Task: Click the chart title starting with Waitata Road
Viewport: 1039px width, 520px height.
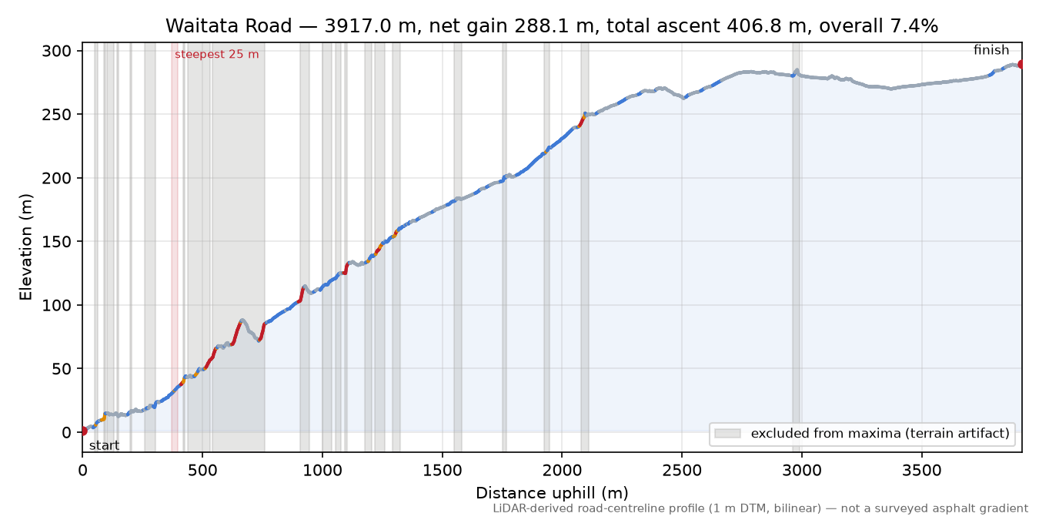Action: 552,26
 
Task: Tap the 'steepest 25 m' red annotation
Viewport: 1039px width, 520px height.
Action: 216,55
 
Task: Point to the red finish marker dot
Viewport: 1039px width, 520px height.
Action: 1021,64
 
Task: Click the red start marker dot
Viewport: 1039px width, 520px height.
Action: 83,431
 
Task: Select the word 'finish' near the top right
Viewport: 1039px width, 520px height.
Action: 991,50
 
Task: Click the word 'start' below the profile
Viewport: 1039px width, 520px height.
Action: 104,446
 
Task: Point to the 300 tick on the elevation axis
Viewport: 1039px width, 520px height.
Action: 56,51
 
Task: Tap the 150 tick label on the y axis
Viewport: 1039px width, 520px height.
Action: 56,242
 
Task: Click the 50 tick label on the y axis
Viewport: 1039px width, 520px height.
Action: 62,369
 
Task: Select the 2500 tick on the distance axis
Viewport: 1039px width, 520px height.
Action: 681,471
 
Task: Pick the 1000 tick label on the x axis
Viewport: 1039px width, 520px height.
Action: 322,471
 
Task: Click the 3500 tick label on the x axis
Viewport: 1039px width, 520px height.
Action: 921,471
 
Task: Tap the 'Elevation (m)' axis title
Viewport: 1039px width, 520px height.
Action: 26,247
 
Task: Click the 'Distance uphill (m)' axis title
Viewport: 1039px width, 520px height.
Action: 552,493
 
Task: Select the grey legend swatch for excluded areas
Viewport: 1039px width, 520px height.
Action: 727,434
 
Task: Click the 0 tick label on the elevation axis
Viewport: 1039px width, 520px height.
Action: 66,433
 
